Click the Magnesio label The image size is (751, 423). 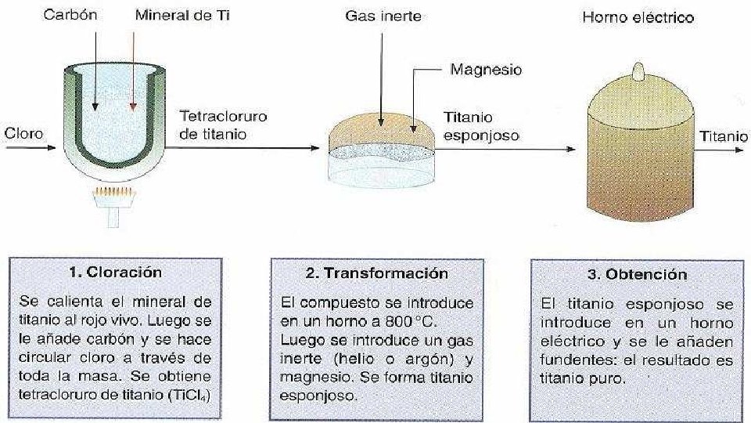click(487, 70)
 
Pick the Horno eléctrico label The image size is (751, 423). click(638, 17)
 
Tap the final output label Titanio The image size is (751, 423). click(723, 136)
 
